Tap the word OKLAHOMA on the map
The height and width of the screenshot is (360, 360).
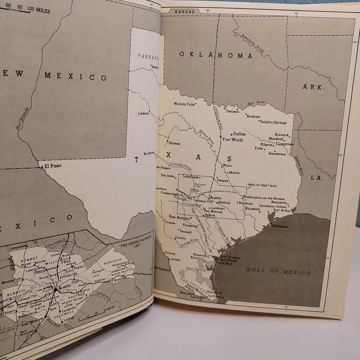pos(215,55)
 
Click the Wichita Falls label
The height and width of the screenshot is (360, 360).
pos(184,104)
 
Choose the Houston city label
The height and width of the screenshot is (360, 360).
pos(252,209)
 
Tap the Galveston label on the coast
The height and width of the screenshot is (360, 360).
pos(279,226)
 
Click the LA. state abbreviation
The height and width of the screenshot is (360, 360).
pos(316,178)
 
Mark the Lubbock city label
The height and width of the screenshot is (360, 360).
pos(143,113)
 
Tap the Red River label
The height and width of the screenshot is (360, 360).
pos(257,104)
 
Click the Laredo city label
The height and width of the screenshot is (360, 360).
pos(175,259)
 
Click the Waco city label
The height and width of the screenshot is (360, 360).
pos(228,165)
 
